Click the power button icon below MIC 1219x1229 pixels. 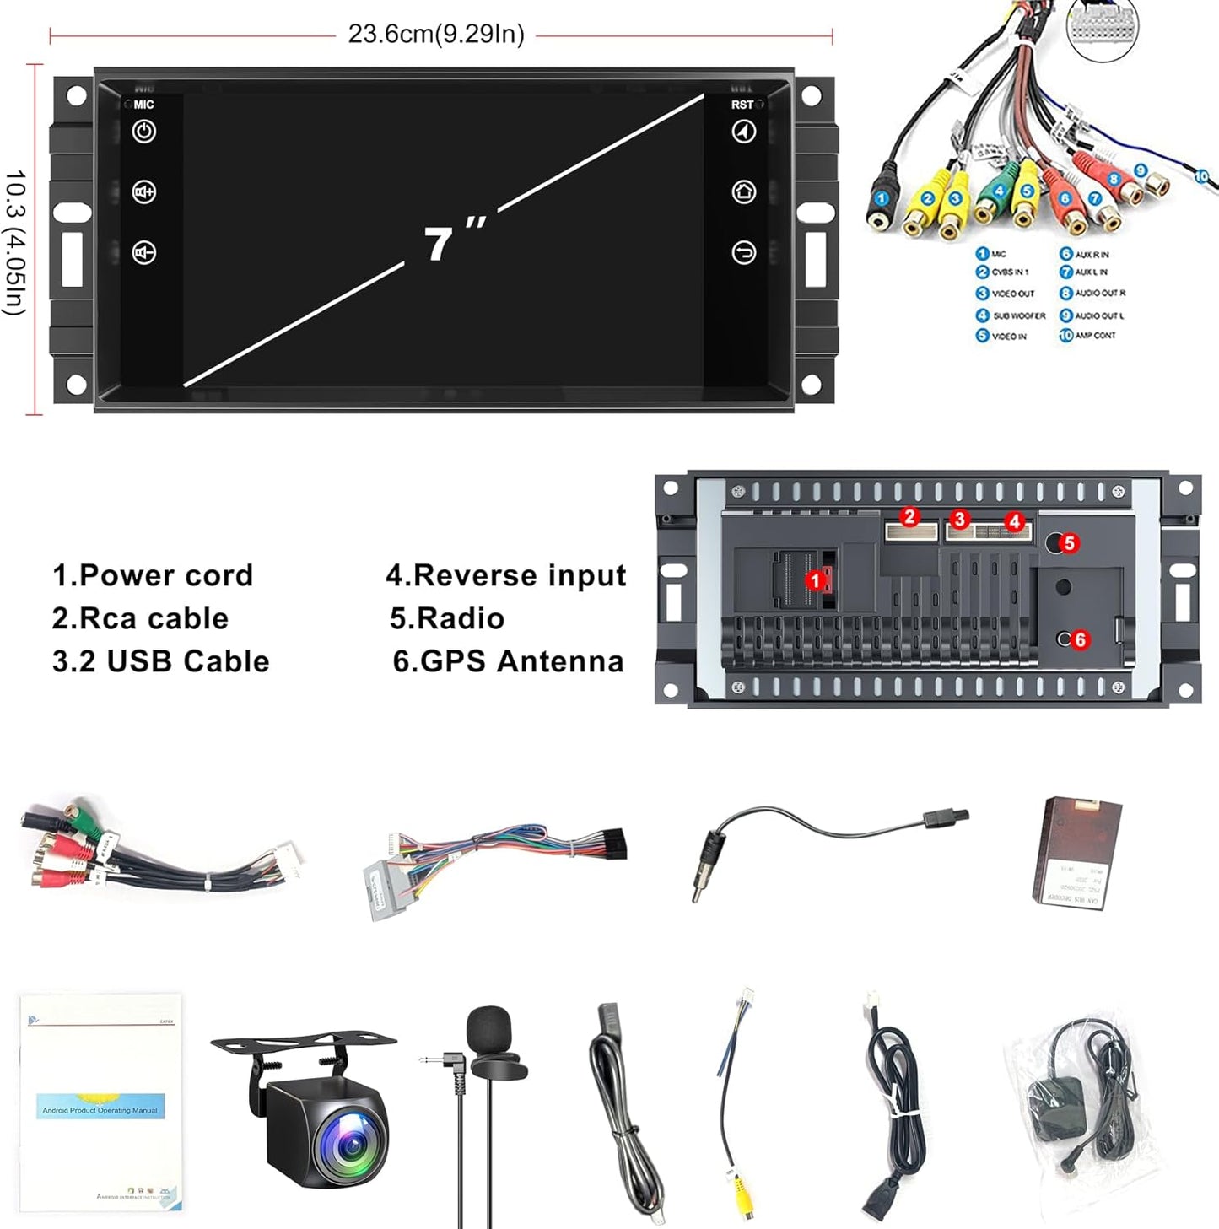click(144, 132)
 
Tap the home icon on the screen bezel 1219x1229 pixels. click(743, 191)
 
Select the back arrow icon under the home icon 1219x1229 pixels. click(743, 252)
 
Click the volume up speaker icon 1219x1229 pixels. click(144, 192)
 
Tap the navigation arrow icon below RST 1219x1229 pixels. click(743, 132)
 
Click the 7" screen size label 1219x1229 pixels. click(454, 241)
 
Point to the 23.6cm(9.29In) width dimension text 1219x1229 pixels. click(436, 35)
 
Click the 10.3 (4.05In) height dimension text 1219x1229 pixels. click(15, 243)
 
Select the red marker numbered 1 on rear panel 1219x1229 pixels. click(815, 580)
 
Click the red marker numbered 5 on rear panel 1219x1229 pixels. click(1069, 542)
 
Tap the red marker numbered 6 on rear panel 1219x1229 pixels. click(1079, 639)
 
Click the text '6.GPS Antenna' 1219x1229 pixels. click(508, 661)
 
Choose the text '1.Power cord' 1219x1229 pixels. click(153, 575)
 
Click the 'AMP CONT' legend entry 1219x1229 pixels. click(1094, 335)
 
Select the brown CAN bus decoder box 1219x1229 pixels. click(1078, 851)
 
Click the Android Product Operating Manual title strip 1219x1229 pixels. click(100, 1109)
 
